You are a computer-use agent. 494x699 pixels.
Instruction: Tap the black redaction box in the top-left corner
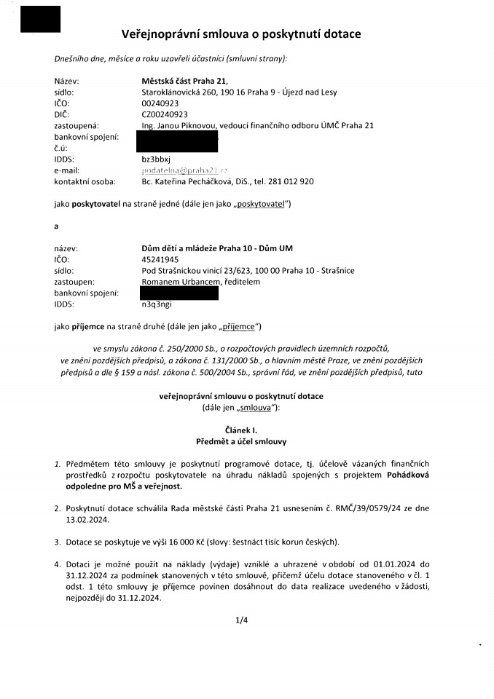click(x=40, y=19)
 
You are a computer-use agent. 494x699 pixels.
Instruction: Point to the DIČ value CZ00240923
click(x=165, y=114)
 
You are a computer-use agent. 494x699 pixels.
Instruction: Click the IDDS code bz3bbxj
click(x=155, y=159)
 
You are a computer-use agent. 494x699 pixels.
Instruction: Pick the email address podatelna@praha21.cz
click(x=184, y=170)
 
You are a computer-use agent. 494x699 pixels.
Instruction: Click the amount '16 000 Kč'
click(x=196, y=541)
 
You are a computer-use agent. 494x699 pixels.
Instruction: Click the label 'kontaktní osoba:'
click(x=83, y=181)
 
